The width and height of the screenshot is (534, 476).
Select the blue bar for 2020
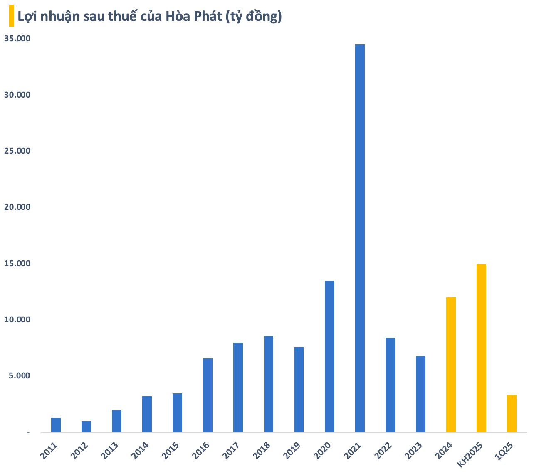329,356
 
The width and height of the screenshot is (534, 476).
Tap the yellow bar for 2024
451,365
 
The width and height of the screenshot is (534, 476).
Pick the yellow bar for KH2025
481,348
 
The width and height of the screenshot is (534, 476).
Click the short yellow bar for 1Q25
512,413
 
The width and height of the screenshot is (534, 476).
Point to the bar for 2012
86,427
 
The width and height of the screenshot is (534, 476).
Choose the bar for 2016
208,395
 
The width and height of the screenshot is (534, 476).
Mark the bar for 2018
269,384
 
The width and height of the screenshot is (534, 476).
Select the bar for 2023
420,394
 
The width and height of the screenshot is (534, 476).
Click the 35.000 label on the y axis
17,39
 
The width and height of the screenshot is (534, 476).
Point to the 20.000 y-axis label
17,207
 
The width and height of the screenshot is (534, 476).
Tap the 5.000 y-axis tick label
19,376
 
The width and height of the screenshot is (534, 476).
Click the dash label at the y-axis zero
28,432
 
